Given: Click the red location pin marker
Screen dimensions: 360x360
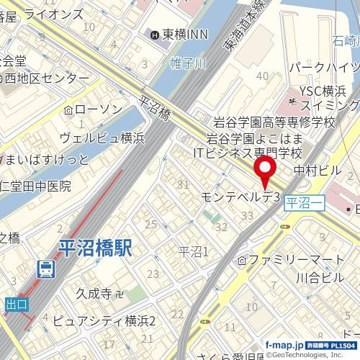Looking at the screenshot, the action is click(x=266, y=173).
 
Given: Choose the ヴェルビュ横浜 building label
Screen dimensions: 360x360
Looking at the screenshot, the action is click(x=102, y=137).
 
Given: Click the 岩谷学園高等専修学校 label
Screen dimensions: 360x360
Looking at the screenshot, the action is click(x=271, y=123).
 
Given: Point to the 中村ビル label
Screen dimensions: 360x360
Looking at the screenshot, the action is click(x=318, y=171).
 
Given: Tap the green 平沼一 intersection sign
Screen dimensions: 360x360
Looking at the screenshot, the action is click(x=305, y=204).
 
